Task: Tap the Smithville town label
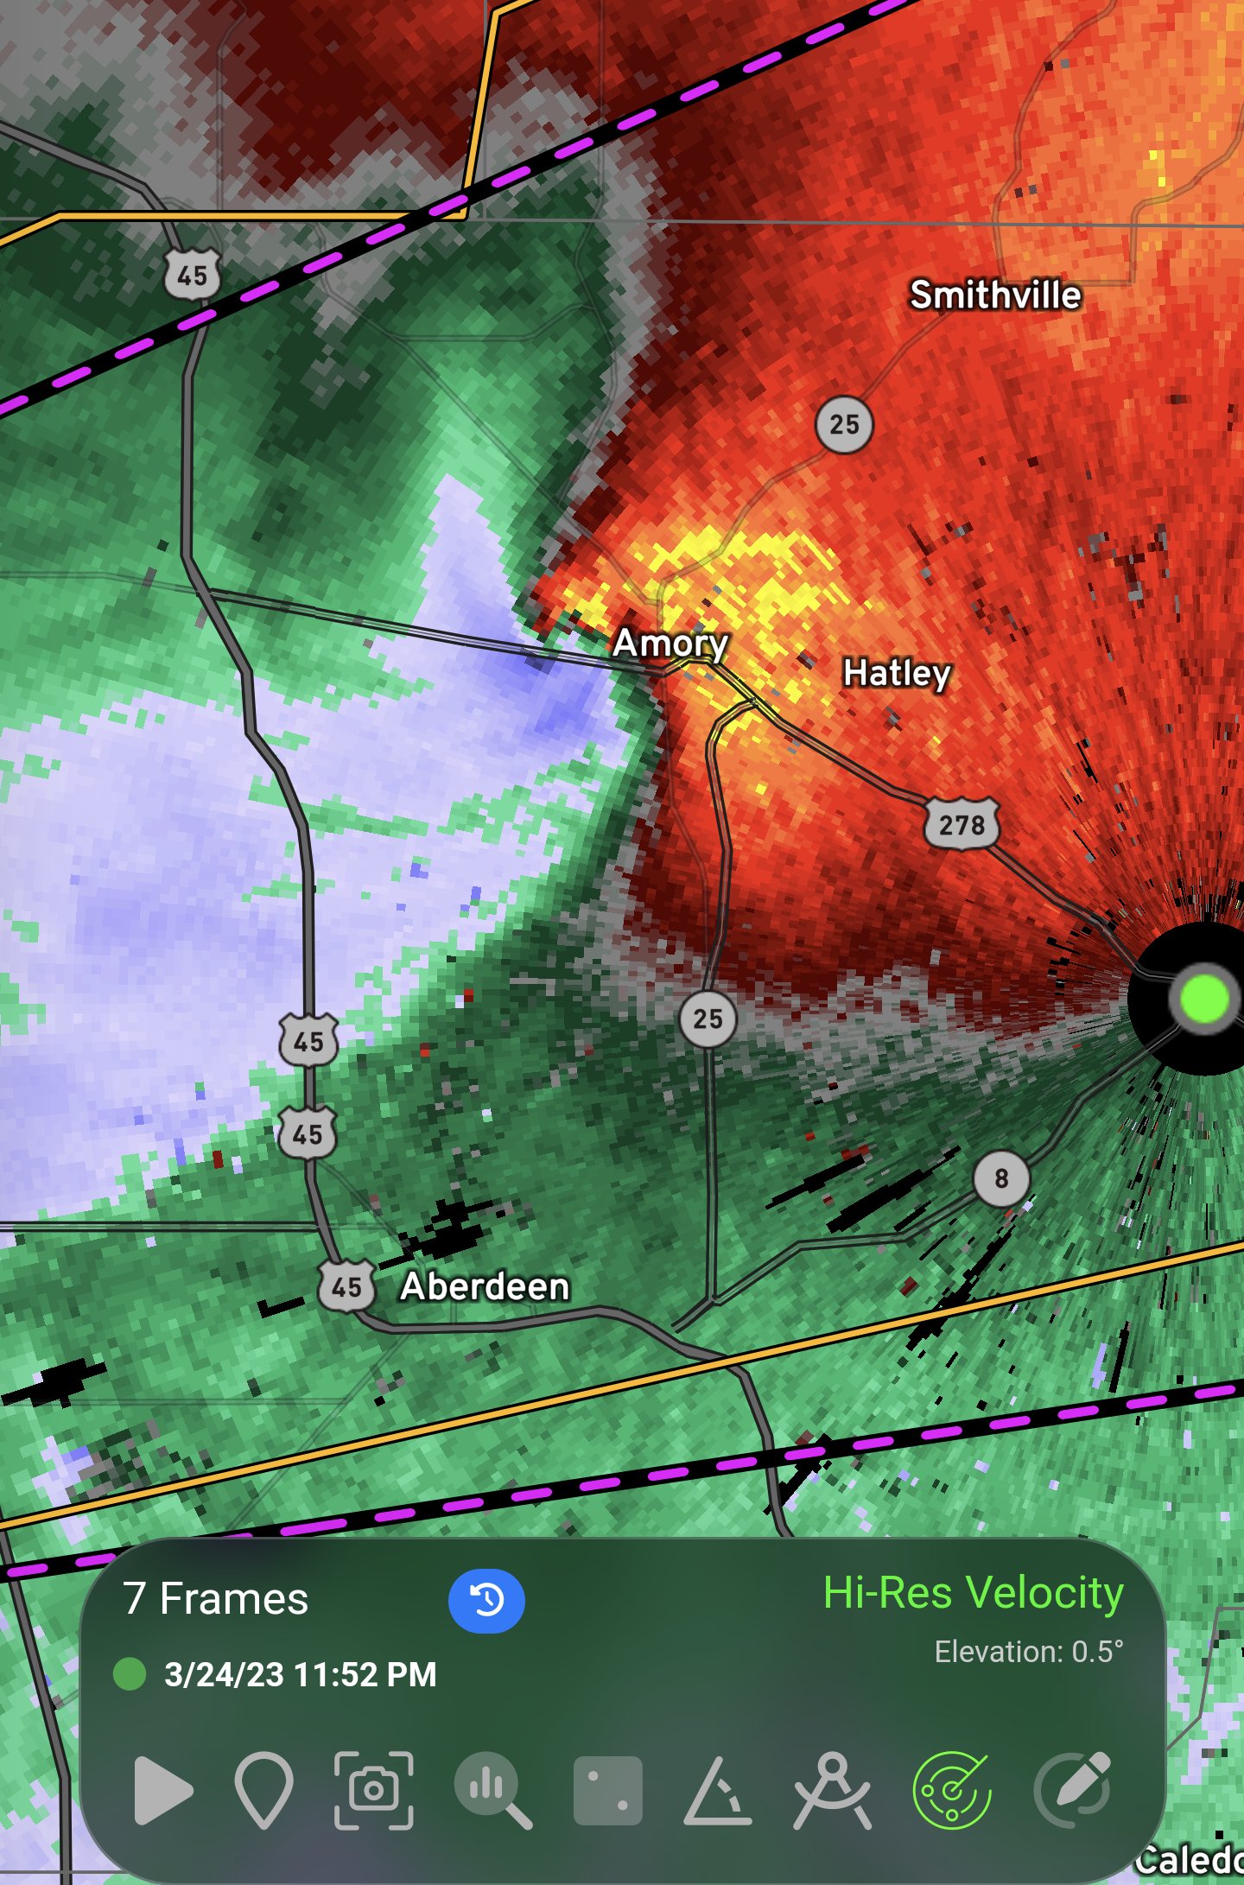pyautogui.click(x=995, y=295)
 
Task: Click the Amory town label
pyautogui.click(x=670, y=643)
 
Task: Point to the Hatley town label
pyautogui.click(x=897, y=673)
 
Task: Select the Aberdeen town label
pyautogui.click(x=485, y=1286)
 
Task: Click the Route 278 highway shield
pyautogui.click(x=962, y=824)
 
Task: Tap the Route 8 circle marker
pyautogui.click(x=1001, y=1178)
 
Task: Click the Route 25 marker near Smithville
pyautogui.click(x=844, y=424)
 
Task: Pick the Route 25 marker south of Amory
pyautogui.click(x=708, y=1019)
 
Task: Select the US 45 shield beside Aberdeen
pyautogui.click(x=346, y=1287)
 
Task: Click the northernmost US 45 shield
pyautogui.click(x=192, y=275)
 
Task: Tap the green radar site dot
pyautogui.click(x=1203, y=999)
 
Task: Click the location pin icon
pyautogui.click(x=263, y=1790)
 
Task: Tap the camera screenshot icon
pyautogui.click(x=374, y=1790)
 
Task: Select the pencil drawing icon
pyautogui.click(x=1073, y=1790)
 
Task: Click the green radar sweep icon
pyautogui.click(x=951, y=1790)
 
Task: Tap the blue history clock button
pyautogui.click(x=486, y=1601)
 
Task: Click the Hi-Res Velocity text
pyautogui.click(x=973, y=1592)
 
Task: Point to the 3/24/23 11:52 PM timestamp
pyautogui.click(x=300, y=1674)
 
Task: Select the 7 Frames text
pyautogui.click(x=216, y=1599)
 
